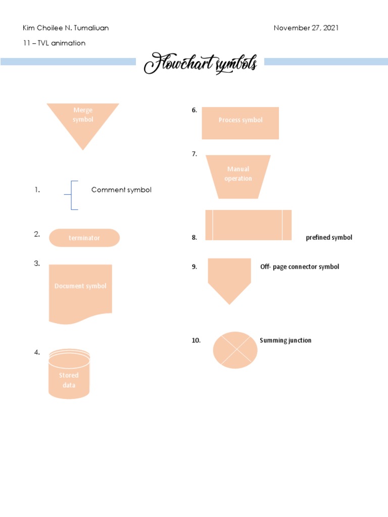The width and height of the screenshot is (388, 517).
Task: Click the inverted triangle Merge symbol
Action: coord(83,121)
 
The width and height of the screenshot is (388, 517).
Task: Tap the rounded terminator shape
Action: coord(84,238)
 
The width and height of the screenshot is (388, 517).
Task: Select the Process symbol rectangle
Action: coord(240,123)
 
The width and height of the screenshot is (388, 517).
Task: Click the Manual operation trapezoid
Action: coord(238,176)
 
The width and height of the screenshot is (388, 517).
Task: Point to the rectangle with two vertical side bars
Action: coord(249,225)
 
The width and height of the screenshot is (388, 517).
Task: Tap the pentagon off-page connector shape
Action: coord(229,278)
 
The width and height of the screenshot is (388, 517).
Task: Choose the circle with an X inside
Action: coord(235,350)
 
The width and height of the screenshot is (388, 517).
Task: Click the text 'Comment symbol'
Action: coord(121,190)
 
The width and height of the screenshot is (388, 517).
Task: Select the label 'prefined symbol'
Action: coord(329,237)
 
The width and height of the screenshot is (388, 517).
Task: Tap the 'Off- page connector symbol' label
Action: coord(300,267)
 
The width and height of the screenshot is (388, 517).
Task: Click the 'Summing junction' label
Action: coord(285,340)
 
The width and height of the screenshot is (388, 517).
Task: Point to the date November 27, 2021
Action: coord(306,28)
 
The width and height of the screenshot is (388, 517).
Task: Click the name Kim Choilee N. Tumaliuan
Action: coord(66,28)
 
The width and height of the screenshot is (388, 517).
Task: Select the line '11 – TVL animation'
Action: coord(55,43)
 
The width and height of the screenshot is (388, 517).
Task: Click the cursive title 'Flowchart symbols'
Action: coord(201,65)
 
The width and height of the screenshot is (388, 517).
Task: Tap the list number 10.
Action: coord(196,340)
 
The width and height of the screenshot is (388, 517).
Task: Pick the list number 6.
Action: coord(194,110)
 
